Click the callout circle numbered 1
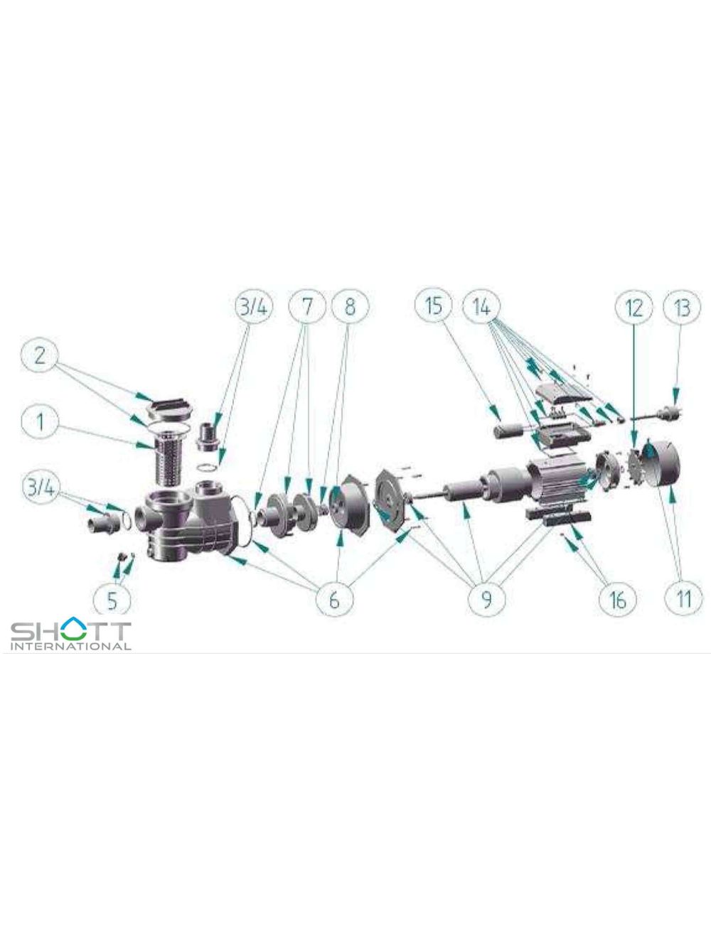click(41, 422)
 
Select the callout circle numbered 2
click(41, 355)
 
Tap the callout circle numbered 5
click(112, 600)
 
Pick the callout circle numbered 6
click(334, 600)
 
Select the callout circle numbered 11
click(684, 600)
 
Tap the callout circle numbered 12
click(634, 308)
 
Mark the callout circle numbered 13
click(683, 308)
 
